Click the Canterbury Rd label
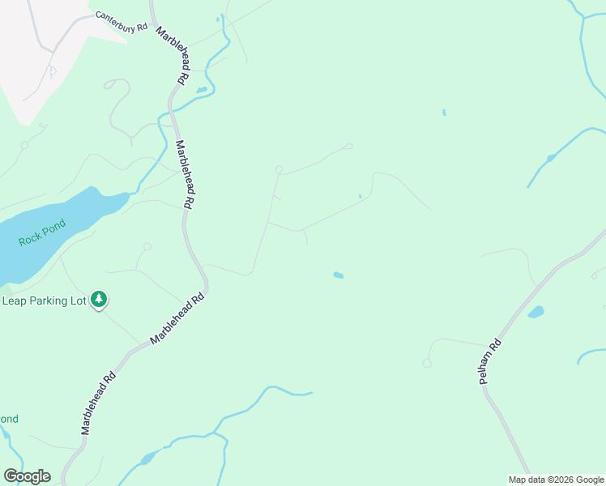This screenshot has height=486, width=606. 121,22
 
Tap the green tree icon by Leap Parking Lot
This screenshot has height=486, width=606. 99,300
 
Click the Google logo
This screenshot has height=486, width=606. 27,476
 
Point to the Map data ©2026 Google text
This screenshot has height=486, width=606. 556,480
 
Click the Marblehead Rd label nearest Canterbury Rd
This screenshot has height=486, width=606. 172,56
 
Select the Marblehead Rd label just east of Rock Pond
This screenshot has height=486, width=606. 186,175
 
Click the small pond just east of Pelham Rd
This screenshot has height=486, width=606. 536,312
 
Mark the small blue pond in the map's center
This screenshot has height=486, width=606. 338,275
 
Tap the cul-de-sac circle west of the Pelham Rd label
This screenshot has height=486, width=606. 427,363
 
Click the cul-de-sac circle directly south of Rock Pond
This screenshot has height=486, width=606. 147,246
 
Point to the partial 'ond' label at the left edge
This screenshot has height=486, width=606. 9,419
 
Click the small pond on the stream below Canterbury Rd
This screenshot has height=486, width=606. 201,89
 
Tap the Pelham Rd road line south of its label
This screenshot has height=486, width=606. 510,437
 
